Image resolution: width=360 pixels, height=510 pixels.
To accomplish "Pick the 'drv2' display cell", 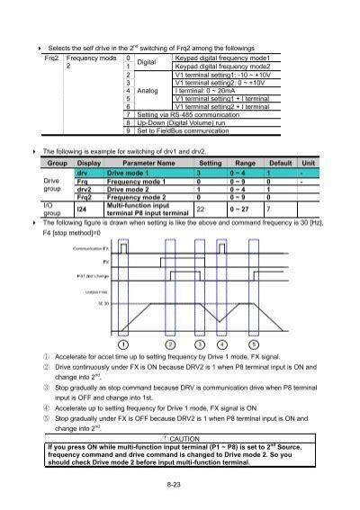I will (x=84, y=190).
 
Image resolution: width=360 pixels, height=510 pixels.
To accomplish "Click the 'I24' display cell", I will (x=82, y=209).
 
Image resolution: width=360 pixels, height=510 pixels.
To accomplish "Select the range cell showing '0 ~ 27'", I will (x=245, y=209).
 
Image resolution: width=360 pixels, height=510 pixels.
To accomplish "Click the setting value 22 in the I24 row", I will (x=201, y=209).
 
